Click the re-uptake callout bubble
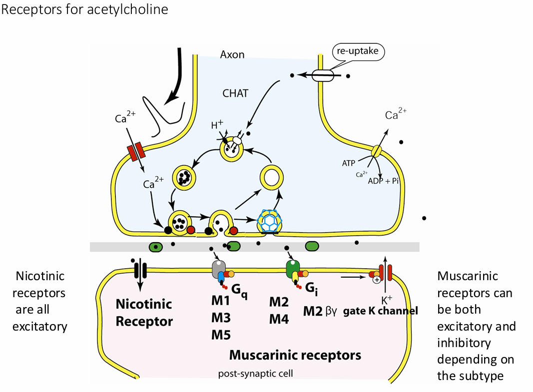tap(358, 51)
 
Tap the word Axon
tap(232, 54)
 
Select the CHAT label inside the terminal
tap(235, 93)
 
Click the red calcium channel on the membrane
tap(136, 152)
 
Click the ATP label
tap(349, 163)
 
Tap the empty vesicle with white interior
tap(271, 177)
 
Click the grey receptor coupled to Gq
tap(218, 270)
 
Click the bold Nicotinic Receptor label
tap(144, 312)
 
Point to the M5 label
tap(220, 334)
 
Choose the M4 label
tap(279, 318)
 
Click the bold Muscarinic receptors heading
tap(295, 355)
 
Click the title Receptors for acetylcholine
tap(85, 9)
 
